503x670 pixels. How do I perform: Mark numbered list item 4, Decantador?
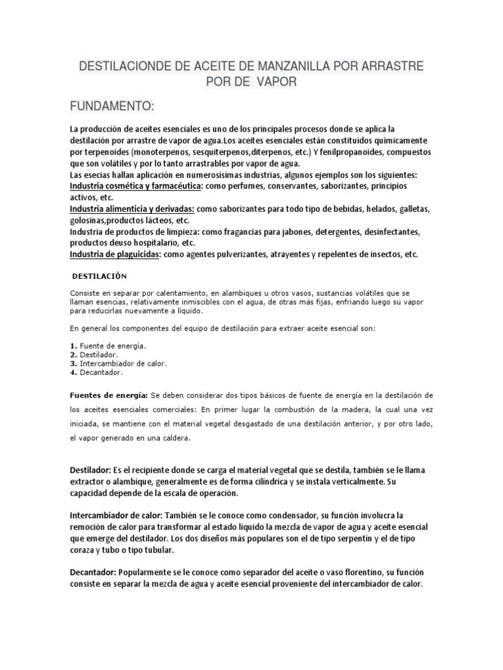pos(105,372)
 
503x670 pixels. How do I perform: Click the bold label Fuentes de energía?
pos(110,395)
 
